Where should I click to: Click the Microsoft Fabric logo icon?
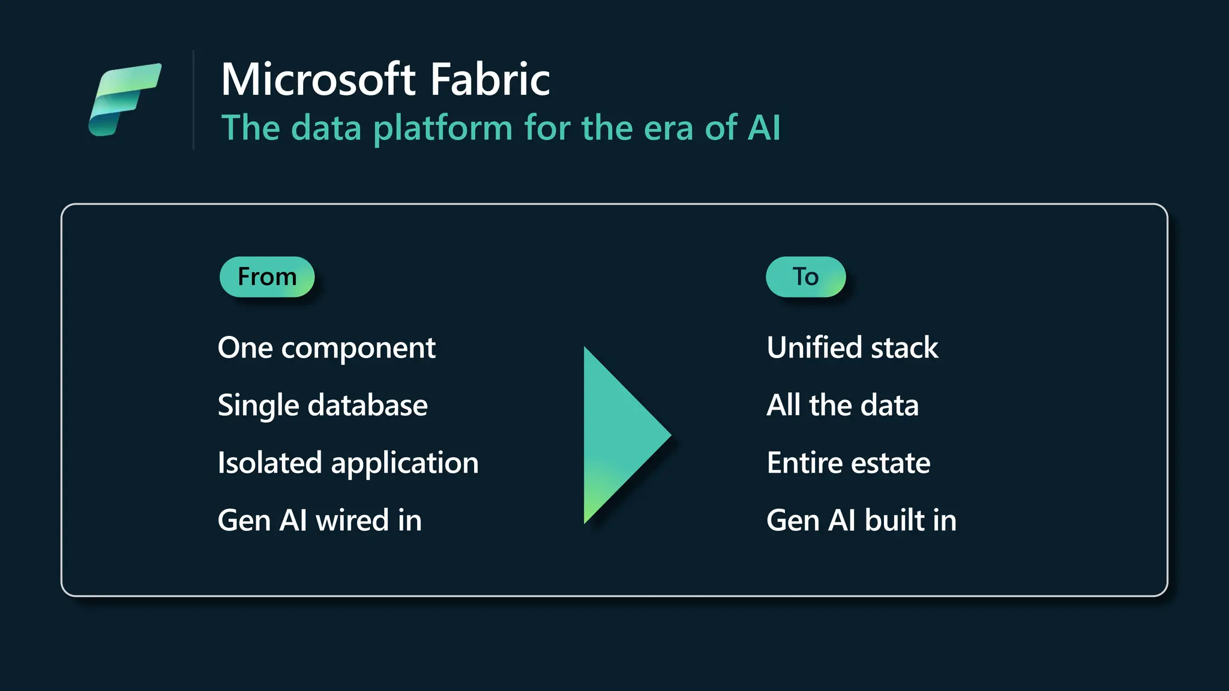pos(125,99)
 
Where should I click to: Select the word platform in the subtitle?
pos(443,129)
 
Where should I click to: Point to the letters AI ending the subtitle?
pos(763,128)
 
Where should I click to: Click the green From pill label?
pos(267,277)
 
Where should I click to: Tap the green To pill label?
pos(805,277)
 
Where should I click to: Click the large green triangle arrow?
pos(618,435)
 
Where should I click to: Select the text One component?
pos(326,348)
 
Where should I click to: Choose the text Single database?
pos(323,406)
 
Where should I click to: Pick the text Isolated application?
pos(348,464)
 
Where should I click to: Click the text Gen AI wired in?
pos(319,521)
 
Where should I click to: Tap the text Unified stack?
pos(852,348)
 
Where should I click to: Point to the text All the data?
pos(843,406)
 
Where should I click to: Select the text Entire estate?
pos(849,464)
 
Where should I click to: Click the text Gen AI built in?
pos(861,521)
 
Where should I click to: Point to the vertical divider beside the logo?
pos(193,100)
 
